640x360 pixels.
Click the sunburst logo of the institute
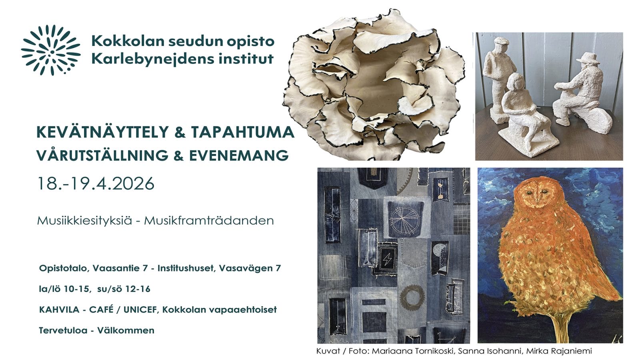click(x=51, y=50)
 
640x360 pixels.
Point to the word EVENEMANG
click(x=239, y=156)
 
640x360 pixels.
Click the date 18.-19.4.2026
click(x=96, y=184)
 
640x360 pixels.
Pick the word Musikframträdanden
click(x=209, y=220)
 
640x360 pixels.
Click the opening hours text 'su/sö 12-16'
click(x=124, y=289)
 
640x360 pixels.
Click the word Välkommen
click(x=126, y=330)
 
